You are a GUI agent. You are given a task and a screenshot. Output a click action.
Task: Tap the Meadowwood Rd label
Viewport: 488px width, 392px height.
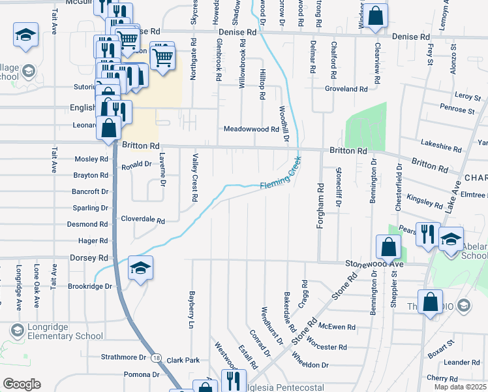251,130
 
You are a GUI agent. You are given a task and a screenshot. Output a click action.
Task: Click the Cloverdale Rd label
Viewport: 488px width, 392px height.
142,221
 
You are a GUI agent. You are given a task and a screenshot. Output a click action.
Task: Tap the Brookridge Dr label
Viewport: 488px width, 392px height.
89,287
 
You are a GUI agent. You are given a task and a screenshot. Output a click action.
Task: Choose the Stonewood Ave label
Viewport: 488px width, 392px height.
374,264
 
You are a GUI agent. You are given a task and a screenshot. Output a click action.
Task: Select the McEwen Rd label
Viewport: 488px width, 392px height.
337,327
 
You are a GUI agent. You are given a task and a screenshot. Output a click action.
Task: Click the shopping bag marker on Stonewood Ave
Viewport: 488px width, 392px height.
388,248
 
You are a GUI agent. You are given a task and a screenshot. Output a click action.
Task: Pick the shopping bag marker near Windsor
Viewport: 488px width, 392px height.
375,17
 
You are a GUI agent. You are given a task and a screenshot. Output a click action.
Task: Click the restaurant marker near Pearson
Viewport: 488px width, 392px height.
427,235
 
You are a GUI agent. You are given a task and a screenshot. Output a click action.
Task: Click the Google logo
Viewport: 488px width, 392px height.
22,384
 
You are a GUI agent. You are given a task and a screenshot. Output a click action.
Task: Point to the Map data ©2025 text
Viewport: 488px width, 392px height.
460,387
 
